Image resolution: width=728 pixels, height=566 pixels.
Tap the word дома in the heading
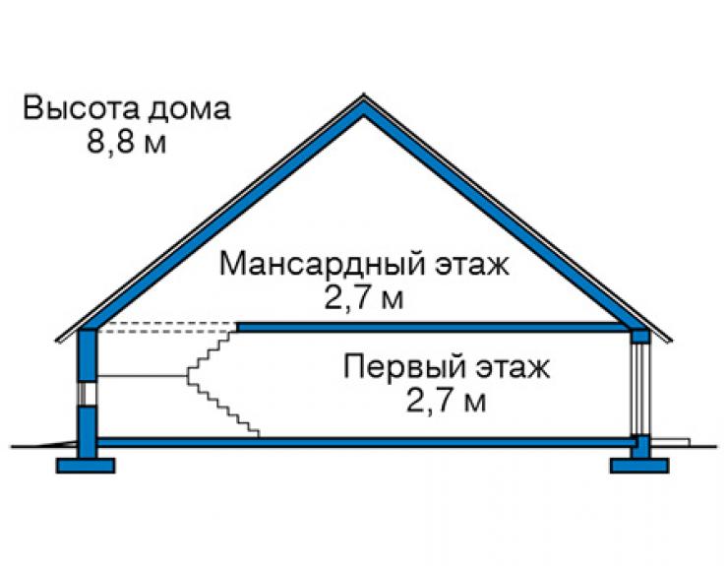click(x=189, y=109)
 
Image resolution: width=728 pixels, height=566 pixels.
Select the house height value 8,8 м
click(x=126, y=141)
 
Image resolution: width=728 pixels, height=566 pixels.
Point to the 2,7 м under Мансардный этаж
click(x=364, y=298)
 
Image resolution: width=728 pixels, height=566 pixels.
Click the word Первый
click(x=404, y=366)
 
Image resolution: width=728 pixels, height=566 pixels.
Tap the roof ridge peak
click(x=364, y=94)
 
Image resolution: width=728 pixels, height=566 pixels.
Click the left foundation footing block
click(x=86, y=466)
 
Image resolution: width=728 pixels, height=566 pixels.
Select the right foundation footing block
click(x=639, y=466)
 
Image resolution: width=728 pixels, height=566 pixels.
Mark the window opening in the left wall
click(x=87, y=394)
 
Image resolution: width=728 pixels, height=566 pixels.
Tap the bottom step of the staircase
click(x=254, y=433)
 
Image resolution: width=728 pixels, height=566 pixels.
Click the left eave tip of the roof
click(x=57, y=341)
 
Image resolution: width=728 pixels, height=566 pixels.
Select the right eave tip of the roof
click(x=671, y=341)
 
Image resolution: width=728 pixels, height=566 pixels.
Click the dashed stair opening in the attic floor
click(x=166, y=328)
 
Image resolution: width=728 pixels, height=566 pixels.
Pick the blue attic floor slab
click(x=434, y=328)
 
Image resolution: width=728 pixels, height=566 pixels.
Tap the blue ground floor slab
click(x=364, y=442)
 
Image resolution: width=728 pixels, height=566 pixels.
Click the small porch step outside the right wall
click(x=670, y=442)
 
